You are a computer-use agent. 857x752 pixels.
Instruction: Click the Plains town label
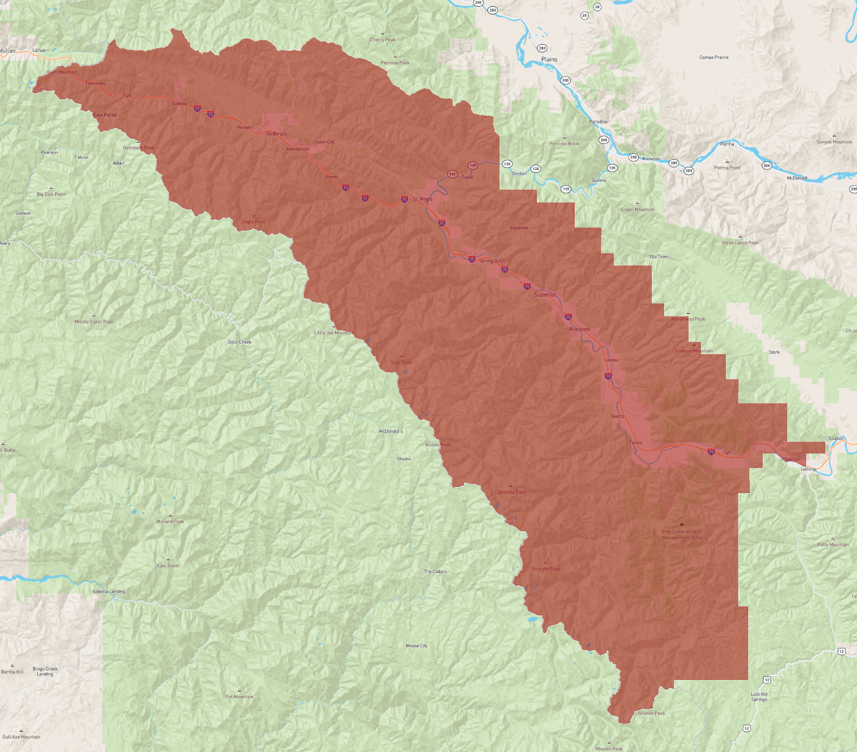click(549, 59)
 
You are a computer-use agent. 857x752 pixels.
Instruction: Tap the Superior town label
click(545, 295)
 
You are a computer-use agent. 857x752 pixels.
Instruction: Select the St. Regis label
click(423, 199)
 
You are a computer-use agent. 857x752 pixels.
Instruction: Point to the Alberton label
click(791, 459)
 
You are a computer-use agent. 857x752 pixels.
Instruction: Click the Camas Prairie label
click(714, 57)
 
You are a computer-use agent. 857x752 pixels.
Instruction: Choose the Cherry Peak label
click(382, 40)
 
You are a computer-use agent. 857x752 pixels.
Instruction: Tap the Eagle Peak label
click(254, 221)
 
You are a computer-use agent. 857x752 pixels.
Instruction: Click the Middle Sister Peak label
click(94, 322)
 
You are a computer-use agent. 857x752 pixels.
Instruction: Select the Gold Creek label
click(240, 342)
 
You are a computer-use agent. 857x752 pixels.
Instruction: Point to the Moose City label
click(417, 646)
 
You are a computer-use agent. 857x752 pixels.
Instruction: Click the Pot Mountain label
click(239, 697)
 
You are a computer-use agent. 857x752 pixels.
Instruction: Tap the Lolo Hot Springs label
click(759, 697)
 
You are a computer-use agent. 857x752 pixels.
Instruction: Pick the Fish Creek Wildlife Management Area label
click(681, 534)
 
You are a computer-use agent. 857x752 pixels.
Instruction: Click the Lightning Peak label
click(510, 492)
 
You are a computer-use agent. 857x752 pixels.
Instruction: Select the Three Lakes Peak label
click(740, 243)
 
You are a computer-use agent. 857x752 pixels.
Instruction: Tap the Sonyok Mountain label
click(834, 142)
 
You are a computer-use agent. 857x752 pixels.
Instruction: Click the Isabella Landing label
click(109, 591)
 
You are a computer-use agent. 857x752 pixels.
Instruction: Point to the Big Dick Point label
click(51, 194)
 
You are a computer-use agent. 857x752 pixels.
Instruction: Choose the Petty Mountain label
click(833, 544)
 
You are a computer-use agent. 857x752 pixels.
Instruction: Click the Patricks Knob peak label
click(564, 143)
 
